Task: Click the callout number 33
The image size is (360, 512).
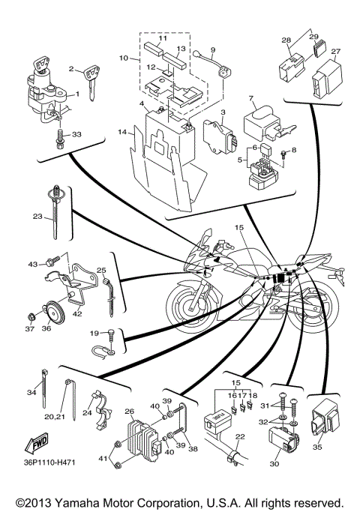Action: tap(76, 135)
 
